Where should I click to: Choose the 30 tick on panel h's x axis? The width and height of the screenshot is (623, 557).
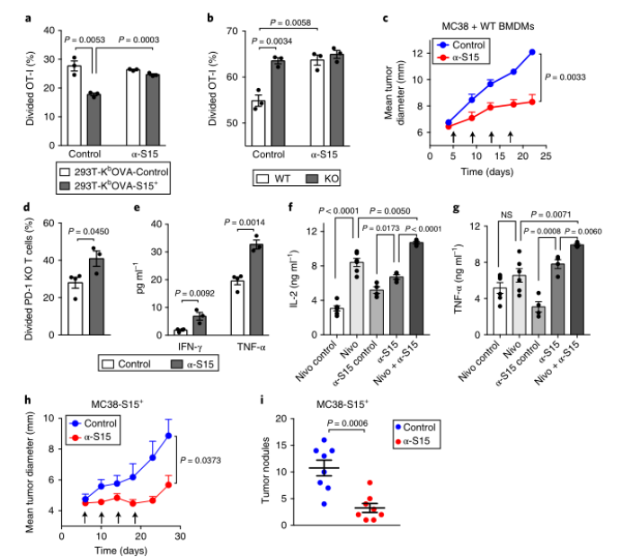tap(180, 537)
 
